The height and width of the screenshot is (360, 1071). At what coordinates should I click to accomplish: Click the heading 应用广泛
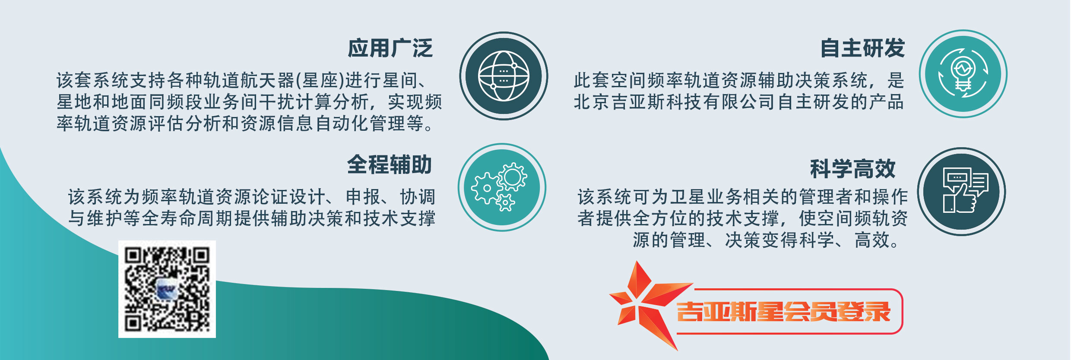390,48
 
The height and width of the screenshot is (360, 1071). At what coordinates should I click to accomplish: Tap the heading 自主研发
862,48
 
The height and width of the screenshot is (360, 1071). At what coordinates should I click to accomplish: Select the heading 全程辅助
390,164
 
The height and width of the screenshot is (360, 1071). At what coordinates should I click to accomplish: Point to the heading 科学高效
853,168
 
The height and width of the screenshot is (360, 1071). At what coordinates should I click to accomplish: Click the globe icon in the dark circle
504,76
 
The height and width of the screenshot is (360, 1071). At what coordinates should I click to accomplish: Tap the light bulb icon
963,74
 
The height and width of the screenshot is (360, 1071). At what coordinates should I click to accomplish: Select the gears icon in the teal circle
499,187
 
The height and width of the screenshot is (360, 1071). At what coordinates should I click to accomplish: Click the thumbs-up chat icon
965,190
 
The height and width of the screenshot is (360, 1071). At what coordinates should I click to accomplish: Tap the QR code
167,289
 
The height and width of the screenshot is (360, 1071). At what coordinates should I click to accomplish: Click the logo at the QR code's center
167,290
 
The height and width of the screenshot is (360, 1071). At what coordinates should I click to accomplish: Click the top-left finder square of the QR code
133,256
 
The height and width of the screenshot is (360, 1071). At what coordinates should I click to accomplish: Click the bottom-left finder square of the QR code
133,323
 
